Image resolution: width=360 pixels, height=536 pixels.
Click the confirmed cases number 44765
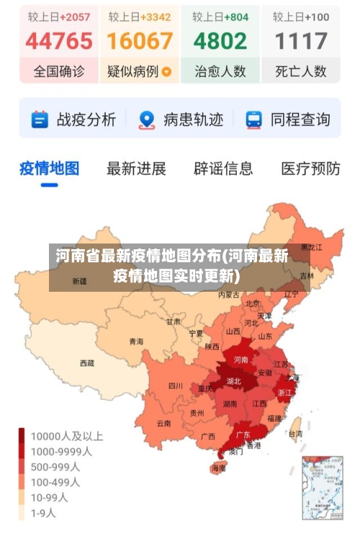[x=59, y=40]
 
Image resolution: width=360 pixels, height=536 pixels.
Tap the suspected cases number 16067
[x=140, y=40]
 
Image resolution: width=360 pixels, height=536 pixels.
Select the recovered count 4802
[x=220, y=40]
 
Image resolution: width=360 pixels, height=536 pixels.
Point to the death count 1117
[x=301, y=40]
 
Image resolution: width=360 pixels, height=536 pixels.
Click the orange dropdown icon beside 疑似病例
[x=167, y=71]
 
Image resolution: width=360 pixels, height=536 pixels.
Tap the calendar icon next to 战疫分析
[x=40, y=120]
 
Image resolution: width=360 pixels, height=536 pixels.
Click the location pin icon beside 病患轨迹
[x=147, y=120]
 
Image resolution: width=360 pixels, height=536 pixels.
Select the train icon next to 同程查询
[x=253, y=120]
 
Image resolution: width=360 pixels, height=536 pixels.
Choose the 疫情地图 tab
[x=49, y=169]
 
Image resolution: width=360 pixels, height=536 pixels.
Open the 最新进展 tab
[x=136, y=169]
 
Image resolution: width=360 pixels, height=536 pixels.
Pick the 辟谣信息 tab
[x=223, y=169]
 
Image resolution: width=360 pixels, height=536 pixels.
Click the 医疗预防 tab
[x=310, y=169]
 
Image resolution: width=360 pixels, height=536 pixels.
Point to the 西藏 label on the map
[x=87, y=363]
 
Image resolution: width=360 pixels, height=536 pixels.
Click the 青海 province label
[x=136, y=341]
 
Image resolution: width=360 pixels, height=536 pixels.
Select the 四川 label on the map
[x=176, y=385]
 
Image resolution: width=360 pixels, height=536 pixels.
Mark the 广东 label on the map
[x=243, y=434]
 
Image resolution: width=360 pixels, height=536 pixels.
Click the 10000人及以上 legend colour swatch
[x=22, y=436]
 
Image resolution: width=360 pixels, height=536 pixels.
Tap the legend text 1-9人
[x=42, y=514]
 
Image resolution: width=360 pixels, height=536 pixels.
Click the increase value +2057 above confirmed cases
[x=74, y=16]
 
